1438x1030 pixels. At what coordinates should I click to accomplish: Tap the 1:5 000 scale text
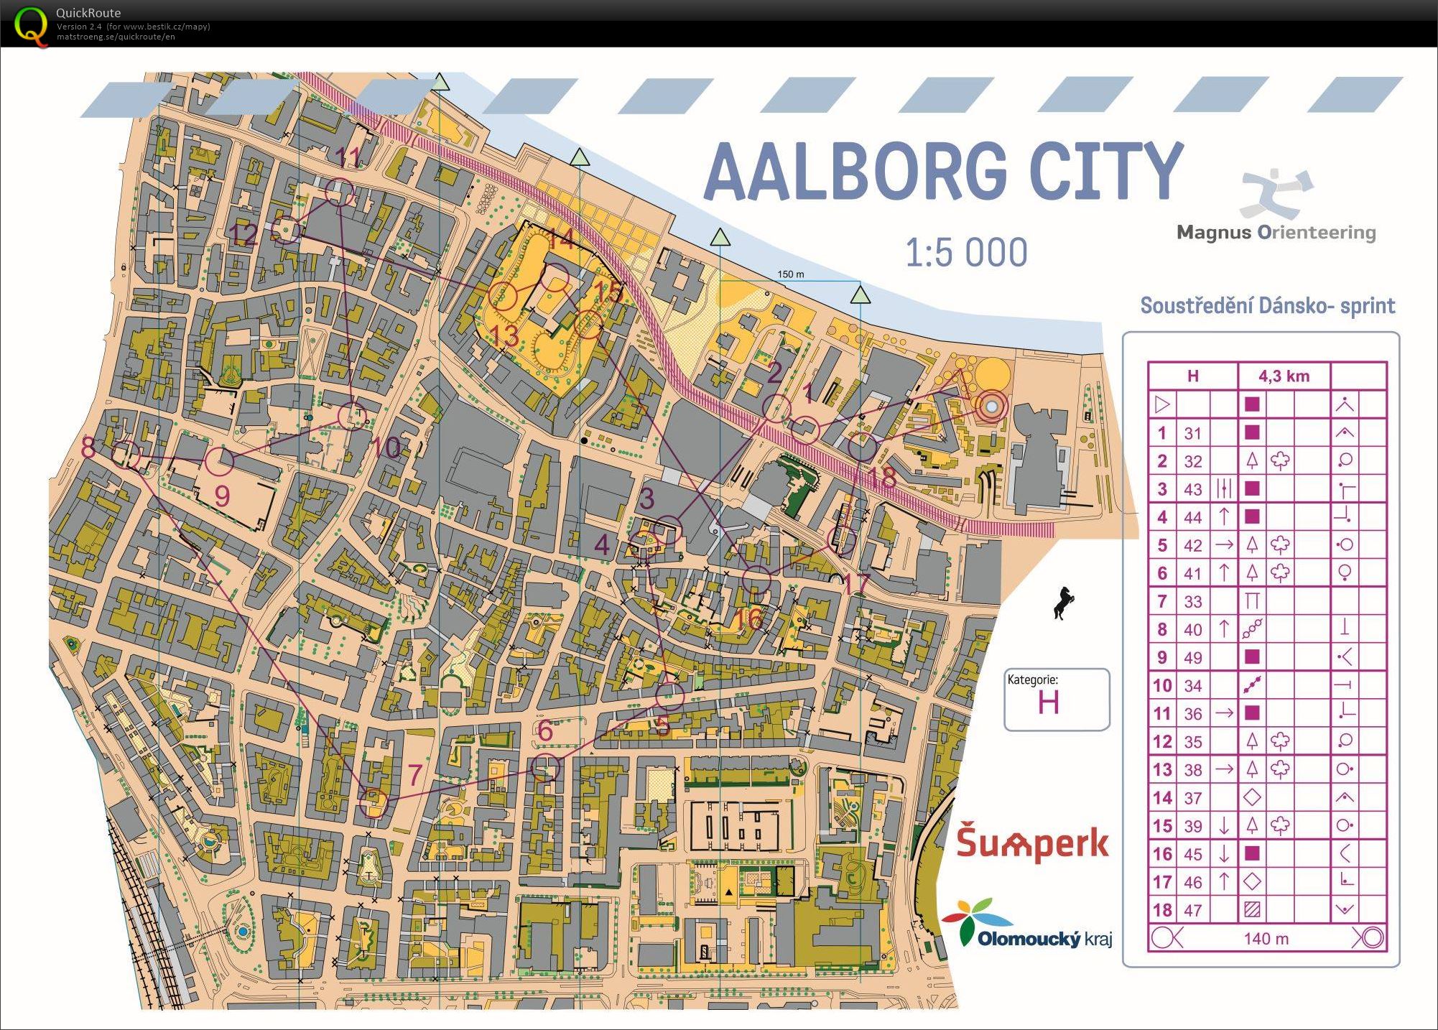point(965,253)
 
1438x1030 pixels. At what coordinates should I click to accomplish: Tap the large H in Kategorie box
point(1048,702)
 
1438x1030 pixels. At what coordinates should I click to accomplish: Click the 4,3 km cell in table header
point(1284,376)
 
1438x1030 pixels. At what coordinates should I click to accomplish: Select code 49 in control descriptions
point(1192,657)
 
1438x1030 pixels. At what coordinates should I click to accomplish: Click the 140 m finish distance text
point(1266,938)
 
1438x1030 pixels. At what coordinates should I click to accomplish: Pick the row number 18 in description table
point(1162,910)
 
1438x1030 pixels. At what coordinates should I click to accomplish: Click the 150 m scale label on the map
point(790,274)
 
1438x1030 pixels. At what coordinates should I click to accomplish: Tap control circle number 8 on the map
point(126,455)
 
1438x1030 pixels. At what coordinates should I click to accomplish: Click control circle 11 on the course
point(339,192)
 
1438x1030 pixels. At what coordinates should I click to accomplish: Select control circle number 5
point(669,695)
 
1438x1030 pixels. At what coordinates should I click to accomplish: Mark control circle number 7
point(374,802)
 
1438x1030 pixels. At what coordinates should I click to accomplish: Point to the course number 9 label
point(222,496)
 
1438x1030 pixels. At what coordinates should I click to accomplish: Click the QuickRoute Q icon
point(31,24)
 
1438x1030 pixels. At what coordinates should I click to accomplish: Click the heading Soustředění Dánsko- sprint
point(1267,305)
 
